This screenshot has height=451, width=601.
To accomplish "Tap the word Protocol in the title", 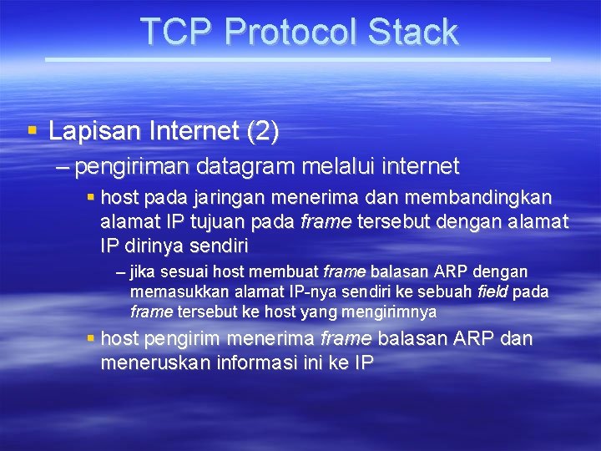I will [x=290, y=32].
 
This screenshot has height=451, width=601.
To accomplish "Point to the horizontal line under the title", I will [x=297, y=59].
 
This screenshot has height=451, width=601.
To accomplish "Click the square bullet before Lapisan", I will [x=33, y=130].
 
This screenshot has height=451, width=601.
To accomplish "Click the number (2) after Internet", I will [x=263, y=131].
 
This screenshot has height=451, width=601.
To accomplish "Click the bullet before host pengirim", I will [x=91, y=338].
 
